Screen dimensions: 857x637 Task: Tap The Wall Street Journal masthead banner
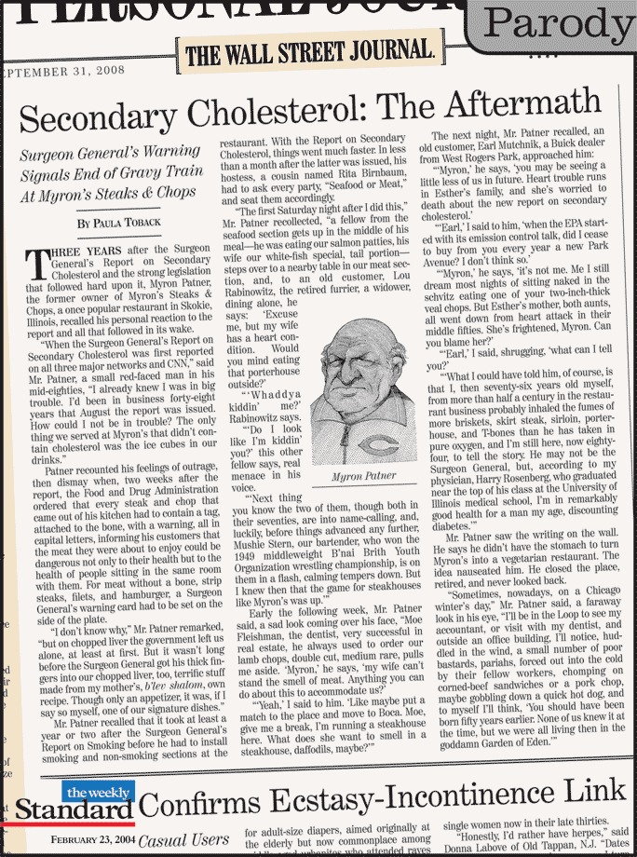click(308, 52)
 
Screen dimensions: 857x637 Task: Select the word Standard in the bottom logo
click(74, 811)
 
